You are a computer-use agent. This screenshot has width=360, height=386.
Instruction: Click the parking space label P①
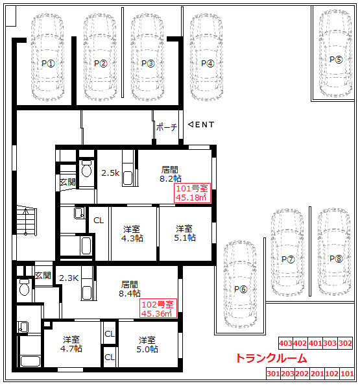click(48, 64)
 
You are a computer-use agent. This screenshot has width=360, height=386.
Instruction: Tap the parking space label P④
click(208, 64)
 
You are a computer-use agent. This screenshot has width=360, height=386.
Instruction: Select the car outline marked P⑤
click(335, 53)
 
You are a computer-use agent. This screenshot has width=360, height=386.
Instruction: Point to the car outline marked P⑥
click(241, 284)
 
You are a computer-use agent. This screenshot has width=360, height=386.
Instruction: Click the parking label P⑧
click(336, 259)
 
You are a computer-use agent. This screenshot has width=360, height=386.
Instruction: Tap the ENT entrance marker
click(201, 125)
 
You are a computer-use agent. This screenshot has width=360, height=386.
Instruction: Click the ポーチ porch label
click(167, 127)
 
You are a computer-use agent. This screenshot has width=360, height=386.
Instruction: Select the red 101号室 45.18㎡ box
click(192, 193)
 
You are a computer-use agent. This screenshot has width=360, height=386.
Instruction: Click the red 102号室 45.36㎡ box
click(158, 308)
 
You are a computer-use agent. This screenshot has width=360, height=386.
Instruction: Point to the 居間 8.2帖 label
click(171, 174)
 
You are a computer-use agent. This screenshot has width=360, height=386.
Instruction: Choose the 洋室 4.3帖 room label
click(132, 234)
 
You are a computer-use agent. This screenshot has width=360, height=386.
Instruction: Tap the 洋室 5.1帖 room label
click(185, 233)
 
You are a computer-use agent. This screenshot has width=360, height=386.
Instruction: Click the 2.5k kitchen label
click(110, 173)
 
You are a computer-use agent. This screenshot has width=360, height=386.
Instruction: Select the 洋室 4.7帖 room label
click(71, 344)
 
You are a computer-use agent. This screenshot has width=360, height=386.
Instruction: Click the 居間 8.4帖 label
click(130, 289)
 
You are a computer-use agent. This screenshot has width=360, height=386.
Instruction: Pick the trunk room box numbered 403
click(285, 343)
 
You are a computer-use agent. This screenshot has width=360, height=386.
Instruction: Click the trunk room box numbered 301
click(273, 374)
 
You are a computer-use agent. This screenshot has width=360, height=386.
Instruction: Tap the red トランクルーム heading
click(271, 358)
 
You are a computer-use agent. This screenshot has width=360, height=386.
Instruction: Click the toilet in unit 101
click(87, 169)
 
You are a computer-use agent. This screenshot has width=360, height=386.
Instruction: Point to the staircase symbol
click(27, 221)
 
